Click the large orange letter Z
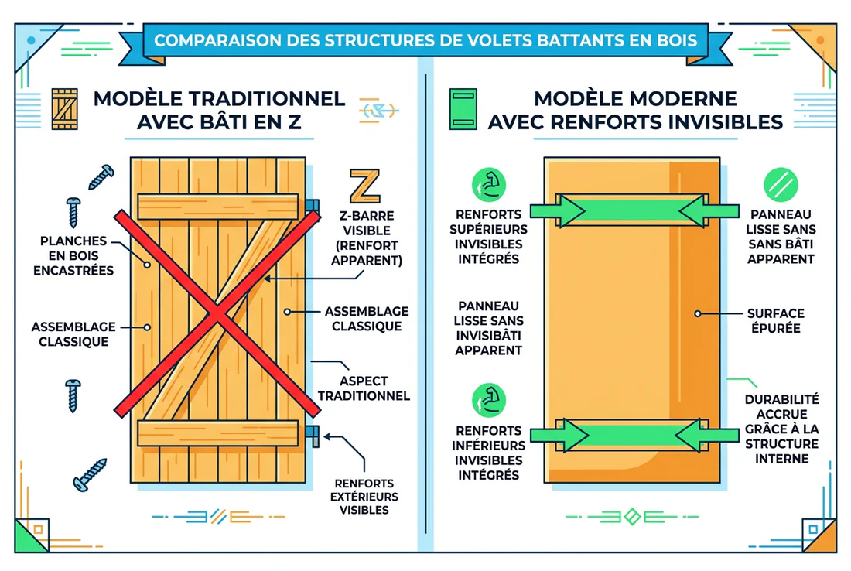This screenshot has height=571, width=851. pos(365,186)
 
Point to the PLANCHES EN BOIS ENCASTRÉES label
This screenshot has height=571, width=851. pos(73,255)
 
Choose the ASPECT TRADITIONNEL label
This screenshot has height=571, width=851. pos(364,388)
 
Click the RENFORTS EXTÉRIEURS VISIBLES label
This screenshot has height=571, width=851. pos(364,488)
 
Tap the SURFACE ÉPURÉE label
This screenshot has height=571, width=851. pos(775,320)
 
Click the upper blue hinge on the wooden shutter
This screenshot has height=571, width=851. pos(313,205)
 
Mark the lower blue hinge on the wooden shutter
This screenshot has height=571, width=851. pos(313,433)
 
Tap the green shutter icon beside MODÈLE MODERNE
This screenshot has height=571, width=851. pos(463,109)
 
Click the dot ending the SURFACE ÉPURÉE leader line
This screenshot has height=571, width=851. pos(697,314)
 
